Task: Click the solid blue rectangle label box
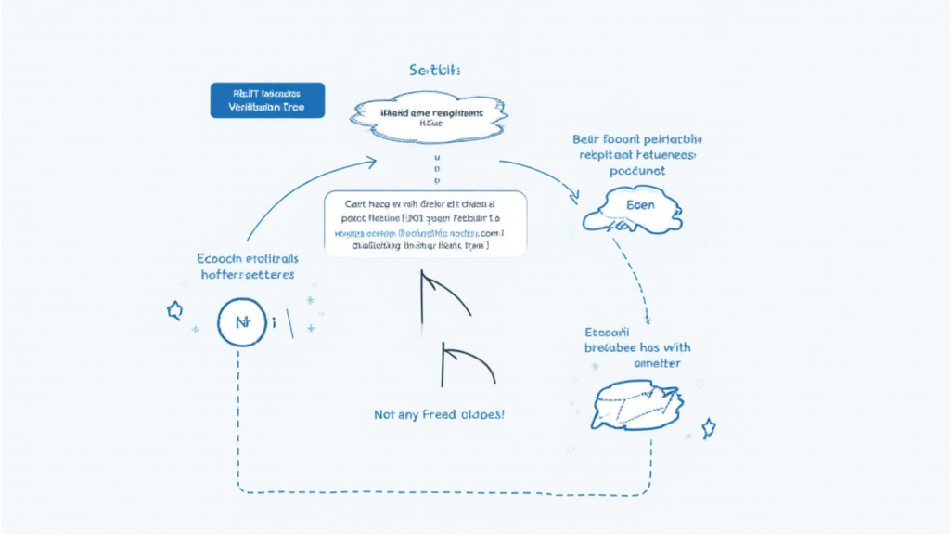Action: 267,99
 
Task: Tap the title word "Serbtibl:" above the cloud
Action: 435,71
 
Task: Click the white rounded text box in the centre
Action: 426,224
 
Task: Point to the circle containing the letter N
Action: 242,323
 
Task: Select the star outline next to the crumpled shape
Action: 709,427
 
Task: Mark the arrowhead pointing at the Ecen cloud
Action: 573,196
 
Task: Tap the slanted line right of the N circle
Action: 290,321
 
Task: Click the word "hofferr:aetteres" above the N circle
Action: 248,275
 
